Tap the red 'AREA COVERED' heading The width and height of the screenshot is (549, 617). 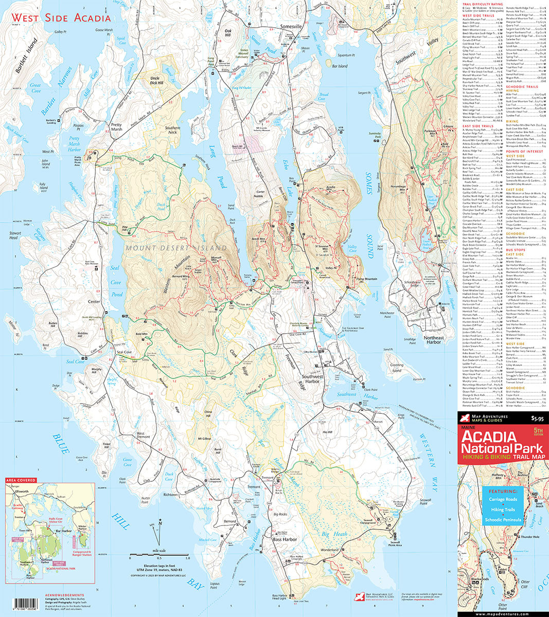[21, 480]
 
